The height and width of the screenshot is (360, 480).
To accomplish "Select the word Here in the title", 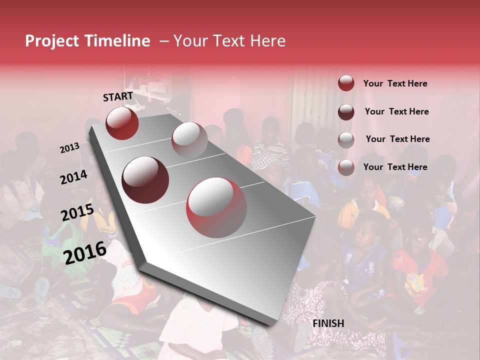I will point(267,41).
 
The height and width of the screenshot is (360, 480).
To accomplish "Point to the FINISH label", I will point(328,323).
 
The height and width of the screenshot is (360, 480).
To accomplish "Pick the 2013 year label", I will point(70,148).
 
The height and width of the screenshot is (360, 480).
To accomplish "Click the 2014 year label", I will point(73,177).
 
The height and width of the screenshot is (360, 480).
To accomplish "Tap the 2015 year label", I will point(77,212).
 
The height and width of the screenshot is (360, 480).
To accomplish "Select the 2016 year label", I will point(84,253).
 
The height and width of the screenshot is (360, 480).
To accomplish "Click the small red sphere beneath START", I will point(122,123).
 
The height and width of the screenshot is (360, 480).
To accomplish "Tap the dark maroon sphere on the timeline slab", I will point(145,179).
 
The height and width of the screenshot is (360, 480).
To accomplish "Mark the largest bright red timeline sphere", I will point(216,208).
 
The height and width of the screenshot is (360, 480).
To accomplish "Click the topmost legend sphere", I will point(346,83).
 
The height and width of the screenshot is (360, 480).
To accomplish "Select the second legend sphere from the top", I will point(346,112).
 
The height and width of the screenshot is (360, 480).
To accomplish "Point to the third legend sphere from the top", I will point(346,139).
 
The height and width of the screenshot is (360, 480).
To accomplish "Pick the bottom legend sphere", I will point(346,167).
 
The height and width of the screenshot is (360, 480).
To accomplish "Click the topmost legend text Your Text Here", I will point(395,83).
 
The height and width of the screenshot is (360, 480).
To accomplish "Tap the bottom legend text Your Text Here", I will point(395,167).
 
